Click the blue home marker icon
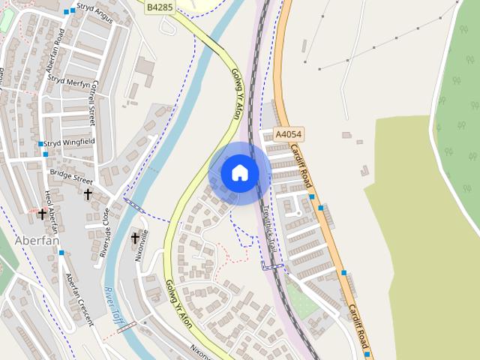tap(240, 173)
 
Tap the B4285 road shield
tap(159, 7)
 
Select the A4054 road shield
tap(289, 134)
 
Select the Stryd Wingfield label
tap(68, 141)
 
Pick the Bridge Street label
tap(71, 176)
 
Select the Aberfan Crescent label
tap(79, 298)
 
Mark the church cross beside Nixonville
tap(135, 238)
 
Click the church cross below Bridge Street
tap(88, 194)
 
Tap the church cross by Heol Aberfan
tap(42, 214)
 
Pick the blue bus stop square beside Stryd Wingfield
tap(40, 143)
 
